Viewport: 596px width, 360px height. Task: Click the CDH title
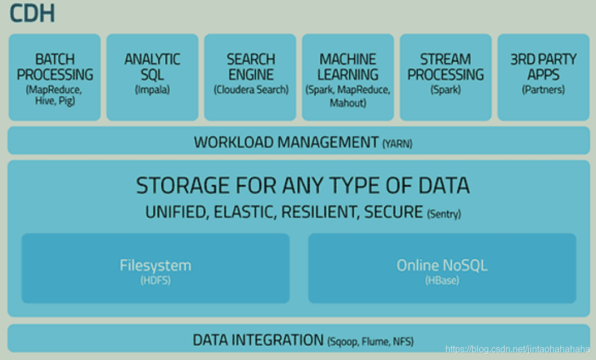[32, 14]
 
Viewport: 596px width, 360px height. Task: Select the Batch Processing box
[55, 77]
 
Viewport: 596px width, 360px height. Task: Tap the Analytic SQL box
[152, 77]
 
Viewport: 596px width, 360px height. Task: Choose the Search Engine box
[250, 77]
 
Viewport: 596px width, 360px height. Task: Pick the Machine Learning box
[348, 77]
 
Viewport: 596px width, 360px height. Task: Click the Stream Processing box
[445, 77]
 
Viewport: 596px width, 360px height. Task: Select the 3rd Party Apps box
[543, 77]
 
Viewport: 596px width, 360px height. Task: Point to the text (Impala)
[152, 90]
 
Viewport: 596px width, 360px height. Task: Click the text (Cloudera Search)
[251, 90]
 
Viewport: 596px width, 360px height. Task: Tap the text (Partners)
[543, 90]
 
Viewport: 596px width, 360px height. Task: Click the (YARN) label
[397, 144]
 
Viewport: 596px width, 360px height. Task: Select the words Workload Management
[286, 142]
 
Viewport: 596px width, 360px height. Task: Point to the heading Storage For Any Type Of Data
[303, 186]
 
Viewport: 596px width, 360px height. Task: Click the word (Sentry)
[444, 214]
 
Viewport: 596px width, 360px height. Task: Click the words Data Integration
[258, 340]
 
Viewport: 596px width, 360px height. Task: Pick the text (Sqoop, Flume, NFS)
[371, 341]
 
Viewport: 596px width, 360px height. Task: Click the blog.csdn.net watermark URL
[517, 349]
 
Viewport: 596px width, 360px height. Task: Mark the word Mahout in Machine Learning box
[348, 103]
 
